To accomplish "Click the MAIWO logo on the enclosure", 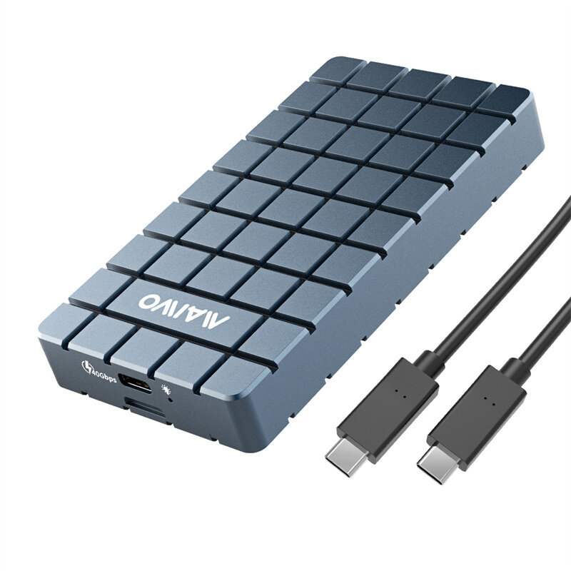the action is click(184, 309).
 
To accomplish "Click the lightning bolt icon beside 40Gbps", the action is click(87, 367).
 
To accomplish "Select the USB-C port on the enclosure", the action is click(136, 383).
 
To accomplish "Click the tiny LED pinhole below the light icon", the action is click(171, 400).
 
